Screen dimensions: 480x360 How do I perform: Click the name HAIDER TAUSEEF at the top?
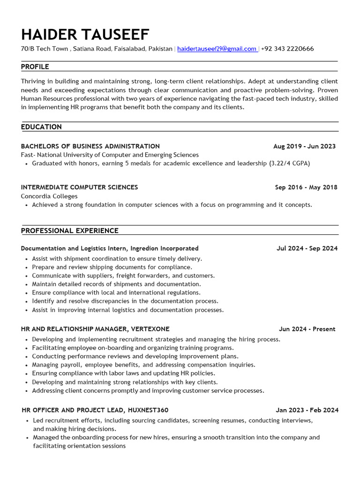85,34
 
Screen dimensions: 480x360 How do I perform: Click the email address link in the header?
217,49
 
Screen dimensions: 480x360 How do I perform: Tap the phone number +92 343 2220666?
287,49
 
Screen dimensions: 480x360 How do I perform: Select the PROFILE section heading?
35,67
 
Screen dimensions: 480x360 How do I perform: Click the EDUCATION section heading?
41,127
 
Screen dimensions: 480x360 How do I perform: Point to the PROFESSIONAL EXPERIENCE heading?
69,231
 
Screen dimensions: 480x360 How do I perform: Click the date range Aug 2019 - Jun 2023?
304,146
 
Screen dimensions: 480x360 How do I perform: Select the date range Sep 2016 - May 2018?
306,187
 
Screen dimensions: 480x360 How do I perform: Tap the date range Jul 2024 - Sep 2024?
307,248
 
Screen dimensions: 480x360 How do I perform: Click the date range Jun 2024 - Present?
307,329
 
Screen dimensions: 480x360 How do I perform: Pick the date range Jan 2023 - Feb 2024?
307,410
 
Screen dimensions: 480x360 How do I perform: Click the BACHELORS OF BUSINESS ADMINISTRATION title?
90,146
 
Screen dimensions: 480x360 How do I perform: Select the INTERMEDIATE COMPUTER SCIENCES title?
79,187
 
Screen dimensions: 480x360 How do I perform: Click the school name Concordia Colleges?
49,196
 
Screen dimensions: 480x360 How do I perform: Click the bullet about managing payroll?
143,365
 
